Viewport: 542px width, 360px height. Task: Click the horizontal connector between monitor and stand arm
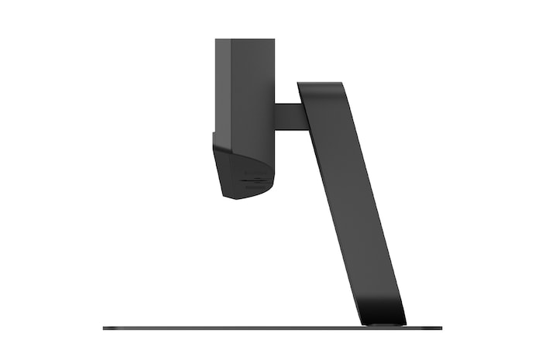289,116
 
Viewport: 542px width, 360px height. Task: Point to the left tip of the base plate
105,328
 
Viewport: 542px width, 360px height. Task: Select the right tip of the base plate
441,328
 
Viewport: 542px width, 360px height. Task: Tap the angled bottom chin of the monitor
243,177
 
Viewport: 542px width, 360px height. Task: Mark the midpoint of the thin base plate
273,328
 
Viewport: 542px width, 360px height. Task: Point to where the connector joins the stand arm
304,116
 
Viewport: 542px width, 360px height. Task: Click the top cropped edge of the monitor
244,39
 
